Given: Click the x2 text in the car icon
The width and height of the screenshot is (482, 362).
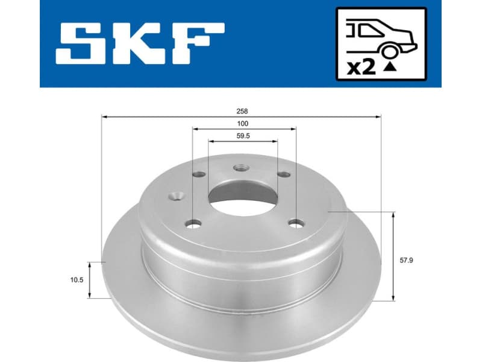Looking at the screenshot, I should [361, 66].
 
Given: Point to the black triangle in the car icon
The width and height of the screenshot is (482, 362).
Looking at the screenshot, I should [390, 68].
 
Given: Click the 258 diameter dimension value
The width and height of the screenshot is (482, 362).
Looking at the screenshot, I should [242, 111].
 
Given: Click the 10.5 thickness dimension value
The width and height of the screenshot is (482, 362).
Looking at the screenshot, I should [76, 281].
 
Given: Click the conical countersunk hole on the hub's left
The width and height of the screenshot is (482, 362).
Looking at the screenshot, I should [177, 195].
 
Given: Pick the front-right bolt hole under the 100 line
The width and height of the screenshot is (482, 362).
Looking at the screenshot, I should [296, 223].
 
